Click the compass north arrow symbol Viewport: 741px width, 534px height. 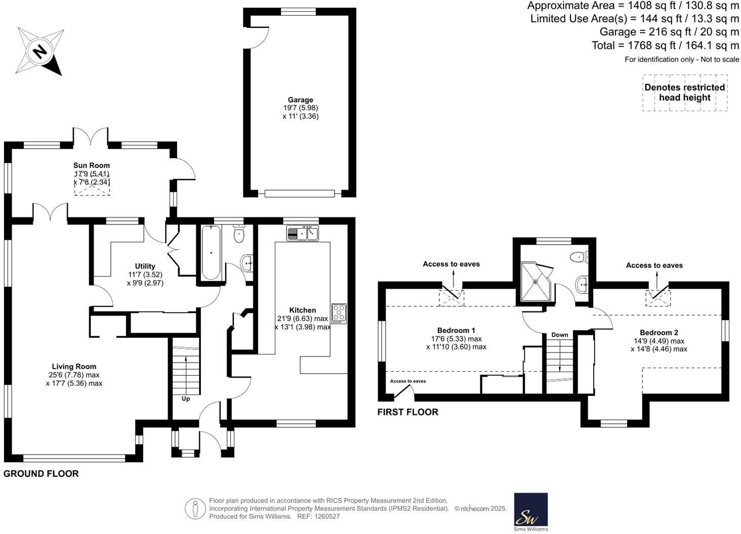point(39,51)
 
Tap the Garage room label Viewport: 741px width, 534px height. point(301,100)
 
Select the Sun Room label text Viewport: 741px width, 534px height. point(92,165)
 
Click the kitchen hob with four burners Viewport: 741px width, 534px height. point(339,314)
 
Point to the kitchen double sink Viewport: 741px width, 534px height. point(303,233)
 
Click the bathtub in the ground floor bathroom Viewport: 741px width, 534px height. point(211,252)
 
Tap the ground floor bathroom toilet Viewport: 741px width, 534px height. point(239,235)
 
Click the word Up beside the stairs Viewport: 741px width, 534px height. point(186,398)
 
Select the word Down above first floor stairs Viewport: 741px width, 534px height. point(560,335)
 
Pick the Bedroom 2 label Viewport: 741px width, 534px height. point(659,332)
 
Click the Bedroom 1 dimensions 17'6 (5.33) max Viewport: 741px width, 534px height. point(456,339)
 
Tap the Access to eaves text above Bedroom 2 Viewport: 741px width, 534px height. point(654,265)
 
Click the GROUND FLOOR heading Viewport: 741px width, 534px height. point(41,474)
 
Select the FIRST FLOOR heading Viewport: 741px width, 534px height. point(408,412)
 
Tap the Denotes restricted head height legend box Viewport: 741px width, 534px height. point(685,93)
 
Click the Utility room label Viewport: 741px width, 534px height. point(145,266)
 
